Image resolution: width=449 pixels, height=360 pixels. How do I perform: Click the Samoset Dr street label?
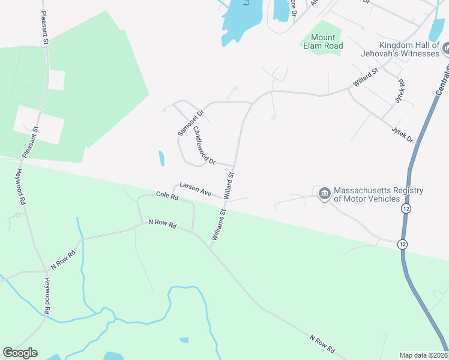coord(191,121)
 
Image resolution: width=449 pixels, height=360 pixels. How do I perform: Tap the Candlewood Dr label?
coord(204,149)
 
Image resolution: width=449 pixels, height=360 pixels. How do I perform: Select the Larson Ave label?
coord(195,187)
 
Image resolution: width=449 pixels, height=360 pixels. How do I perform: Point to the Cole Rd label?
coord(167,196)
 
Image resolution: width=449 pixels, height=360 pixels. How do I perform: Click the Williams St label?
coord(217,224)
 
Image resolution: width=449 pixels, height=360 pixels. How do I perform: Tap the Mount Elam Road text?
coord(322,41)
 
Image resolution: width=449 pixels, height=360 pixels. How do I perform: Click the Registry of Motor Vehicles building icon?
coord(325,193)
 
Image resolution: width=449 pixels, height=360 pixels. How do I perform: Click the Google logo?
coord(20,353)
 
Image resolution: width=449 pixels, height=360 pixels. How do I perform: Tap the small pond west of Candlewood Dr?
coord(161,158)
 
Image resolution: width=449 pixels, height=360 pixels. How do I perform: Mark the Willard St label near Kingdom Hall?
coord(366,77)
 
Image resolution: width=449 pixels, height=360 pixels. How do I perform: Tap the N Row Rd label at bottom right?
coord(321,343)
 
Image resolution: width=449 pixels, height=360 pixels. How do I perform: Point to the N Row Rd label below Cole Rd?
coord(163,224)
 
